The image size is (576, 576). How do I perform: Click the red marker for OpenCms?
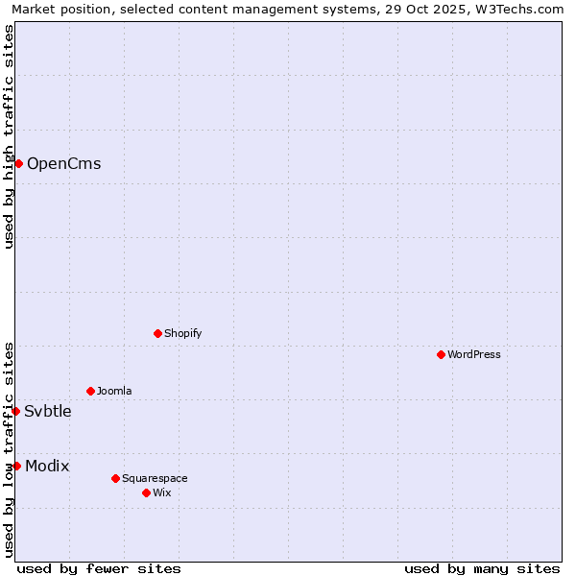[18, 163]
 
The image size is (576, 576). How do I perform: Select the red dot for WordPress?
[441, 354]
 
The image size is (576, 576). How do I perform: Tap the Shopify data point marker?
[157, 333]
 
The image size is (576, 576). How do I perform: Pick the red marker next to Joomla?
[90, 391]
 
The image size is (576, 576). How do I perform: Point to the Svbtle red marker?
[16, 411]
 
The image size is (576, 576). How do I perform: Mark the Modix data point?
[16, 466]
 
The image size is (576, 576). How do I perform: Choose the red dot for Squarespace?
[115, 478]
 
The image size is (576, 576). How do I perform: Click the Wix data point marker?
[146, 492]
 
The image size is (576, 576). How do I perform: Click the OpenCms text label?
[63, 163]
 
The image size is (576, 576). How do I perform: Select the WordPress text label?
[474, 354]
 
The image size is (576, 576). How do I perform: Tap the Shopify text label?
[182, 333]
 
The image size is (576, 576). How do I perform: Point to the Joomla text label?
[114, 391]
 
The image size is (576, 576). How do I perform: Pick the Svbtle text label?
[48, 411]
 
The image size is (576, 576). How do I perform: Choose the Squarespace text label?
[155, 478]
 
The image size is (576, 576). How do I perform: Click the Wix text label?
[161, 492]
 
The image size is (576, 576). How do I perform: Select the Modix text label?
[47, 466]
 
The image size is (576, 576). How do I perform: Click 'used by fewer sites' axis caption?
[99, 568]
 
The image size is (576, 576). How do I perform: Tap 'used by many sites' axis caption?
[482, 568]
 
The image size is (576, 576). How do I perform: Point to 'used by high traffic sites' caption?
[9, 136]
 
